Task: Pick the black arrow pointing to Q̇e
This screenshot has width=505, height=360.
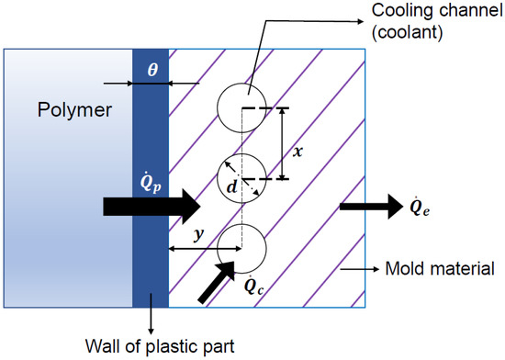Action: click(367, 206)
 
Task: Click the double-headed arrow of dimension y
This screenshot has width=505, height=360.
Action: click(204, 248)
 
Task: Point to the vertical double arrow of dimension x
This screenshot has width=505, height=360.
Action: click(281, 143)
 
